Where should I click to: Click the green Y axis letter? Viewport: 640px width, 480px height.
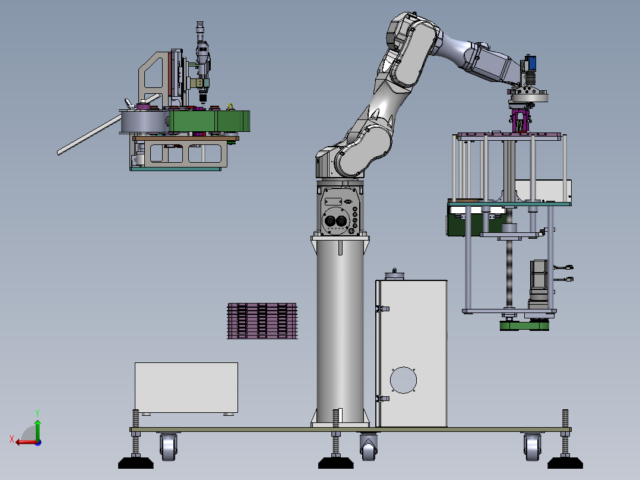[37, 413]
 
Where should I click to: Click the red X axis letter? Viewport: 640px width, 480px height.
[12, 439]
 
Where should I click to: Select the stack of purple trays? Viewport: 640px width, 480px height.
[262, 321]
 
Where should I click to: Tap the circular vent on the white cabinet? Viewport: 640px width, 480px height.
[403, 380]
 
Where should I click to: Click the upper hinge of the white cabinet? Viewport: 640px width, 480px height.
[382, 309]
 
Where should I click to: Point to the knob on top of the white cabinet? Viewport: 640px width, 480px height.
[394, 274]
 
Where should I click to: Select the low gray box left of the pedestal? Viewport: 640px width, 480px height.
[186, 388]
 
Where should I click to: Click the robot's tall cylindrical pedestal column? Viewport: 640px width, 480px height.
[340, 331]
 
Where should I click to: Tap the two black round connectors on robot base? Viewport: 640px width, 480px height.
[335, 221]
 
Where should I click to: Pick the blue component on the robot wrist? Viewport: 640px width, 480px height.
[531, 62]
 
